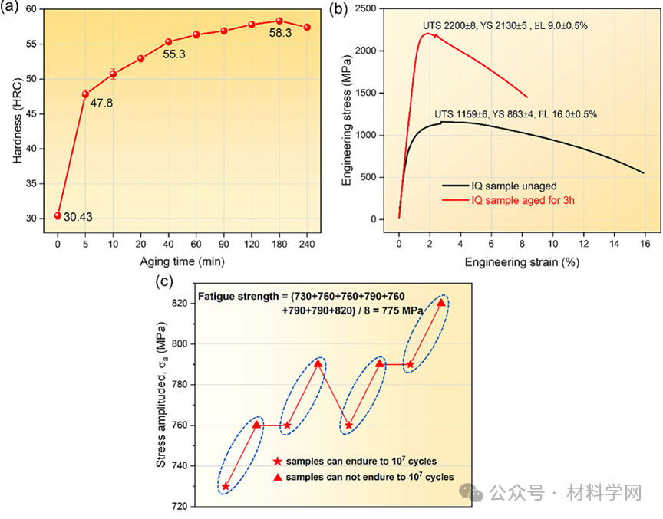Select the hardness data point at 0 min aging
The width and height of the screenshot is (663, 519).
pyautogui.click(x=58, y=215)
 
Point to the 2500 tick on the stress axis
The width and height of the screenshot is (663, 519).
pyautogui.click(x=378, y=8)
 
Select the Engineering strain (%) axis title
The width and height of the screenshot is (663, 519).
pyautogui.click(x=521, y=262)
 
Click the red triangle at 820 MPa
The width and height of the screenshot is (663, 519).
pyautogui.click(x=441, y=302)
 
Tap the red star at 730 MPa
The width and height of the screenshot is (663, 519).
pyautogui.click(x=226, y=486)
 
